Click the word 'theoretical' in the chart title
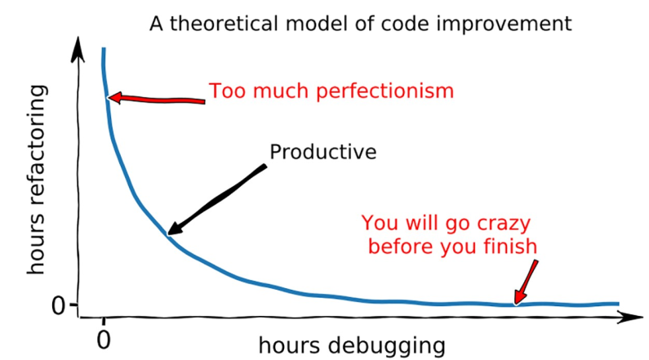(x=224, y=24)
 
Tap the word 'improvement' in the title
(x=505, y=24)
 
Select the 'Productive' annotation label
(x=323, y=152)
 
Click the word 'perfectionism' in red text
(x=385, y=91)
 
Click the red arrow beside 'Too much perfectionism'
(x=156, y=99)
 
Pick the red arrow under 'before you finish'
(x=525, y=282)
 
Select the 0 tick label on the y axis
(x=58, y=306)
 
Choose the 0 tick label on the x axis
(x=104, y=340)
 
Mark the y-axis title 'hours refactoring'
(x=37, y=180)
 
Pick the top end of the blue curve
(x=104, y=49)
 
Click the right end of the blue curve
(x=618, y=304)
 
